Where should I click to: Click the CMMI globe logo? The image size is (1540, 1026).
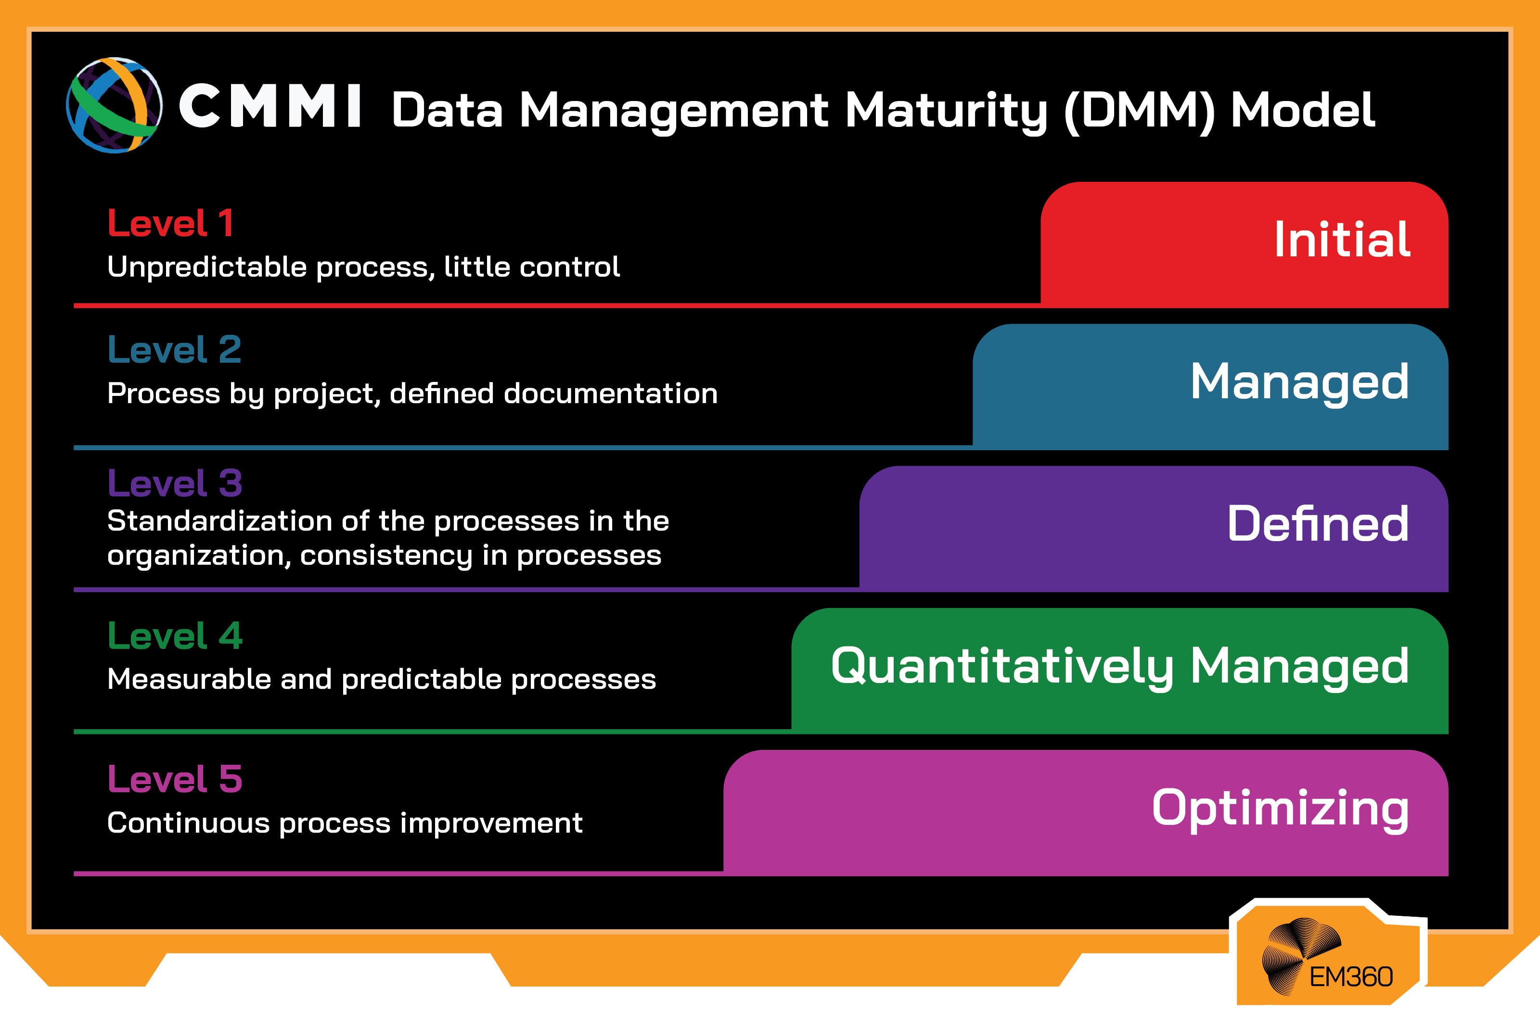(115, 105)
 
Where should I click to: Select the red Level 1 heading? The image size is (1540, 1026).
(170, 223)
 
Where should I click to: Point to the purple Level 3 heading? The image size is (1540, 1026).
(175, 483)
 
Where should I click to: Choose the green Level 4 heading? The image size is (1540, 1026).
(175, 636)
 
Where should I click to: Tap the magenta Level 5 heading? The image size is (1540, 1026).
(175, 779)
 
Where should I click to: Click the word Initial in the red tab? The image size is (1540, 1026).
(1342, 240)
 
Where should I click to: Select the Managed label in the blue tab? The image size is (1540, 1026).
(1299, 382)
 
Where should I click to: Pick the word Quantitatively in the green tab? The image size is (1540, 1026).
(1002, 667)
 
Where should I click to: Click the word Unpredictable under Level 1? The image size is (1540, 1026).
(207, 267)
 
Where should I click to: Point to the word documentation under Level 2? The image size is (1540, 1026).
(611, 394)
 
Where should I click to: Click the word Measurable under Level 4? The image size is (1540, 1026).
(189, 679)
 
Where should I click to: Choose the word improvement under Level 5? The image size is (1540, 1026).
(491, 823)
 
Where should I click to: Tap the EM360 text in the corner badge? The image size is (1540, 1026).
(1350, 977)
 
